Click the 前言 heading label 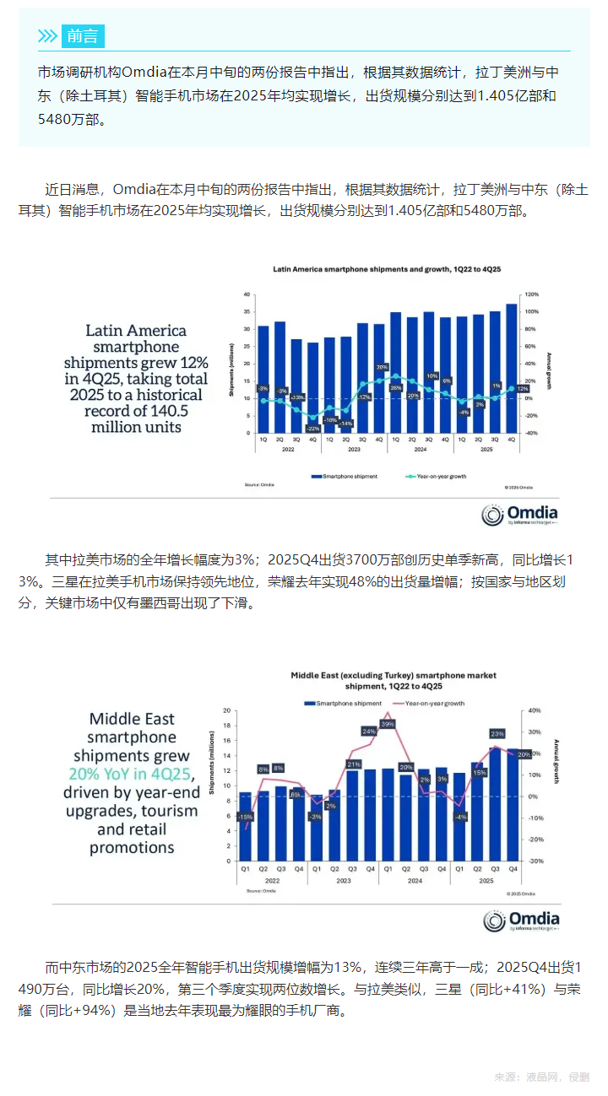(83, 35)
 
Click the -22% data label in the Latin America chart (313, 429)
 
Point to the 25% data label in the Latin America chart (395, 387)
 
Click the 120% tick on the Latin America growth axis (532, 294)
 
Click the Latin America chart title (387, 269)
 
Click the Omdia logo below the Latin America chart (519, 515)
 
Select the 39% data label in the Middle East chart (388, 724)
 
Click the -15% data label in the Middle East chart (245, 817)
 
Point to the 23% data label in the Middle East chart (497, 733)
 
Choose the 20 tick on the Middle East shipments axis (227, 711)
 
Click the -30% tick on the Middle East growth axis (534, 861)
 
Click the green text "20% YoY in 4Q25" (132, 774)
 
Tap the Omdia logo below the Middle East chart (521, 921)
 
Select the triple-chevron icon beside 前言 (48, 35)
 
